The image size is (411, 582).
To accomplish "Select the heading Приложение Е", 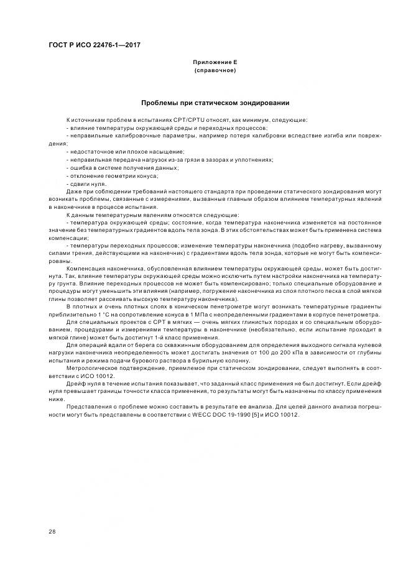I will tap(215, 62).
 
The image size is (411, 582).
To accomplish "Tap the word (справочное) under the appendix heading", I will tap(215, 70).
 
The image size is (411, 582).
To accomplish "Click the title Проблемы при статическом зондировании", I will tap(215, 102).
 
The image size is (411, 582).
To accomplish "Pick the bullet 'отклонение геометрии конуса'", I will tap(108, 175).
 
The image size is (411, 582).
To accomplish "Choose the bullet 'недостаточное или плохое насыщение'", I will tap(116, 151).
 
